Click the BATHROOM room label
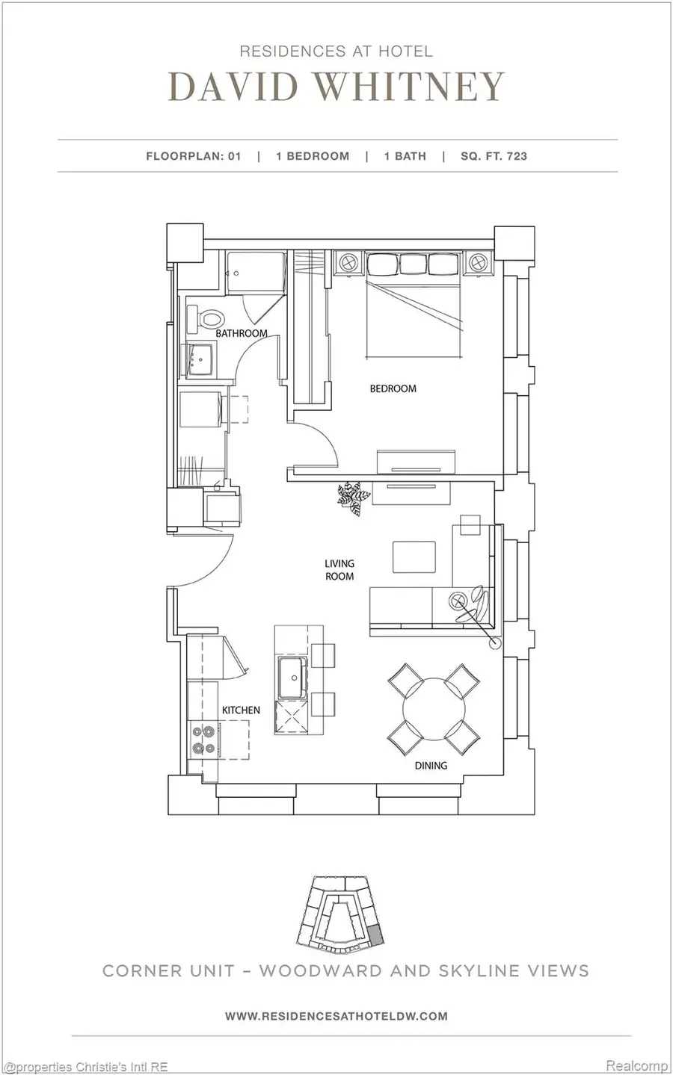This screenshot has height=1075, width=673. click(x=241, y=333)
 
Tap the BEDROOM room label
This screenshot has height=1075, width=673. click(x=393, y=388)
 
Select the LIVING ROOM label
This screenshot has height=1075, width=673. click(x=339, y=570)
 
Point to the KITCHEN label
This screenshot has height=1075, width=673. click(x=241, y=710)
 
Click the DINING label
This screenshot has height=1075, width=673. click(x=431, y=765)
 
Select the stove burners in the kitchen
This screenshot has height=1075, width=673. click(x=203, y=739)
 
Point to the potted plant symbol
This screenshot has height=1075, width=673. click(x=351, y=496)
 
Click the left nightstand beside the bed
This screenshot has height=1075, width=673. click(x=348, y=263)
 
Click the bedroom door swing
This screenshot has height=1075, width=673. click(x=318, y=448)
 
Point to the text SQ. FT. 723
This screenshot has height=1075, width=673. click(x=494, y=156)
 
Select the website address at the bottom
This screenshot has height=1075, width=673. click(x=336, y=1015)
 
